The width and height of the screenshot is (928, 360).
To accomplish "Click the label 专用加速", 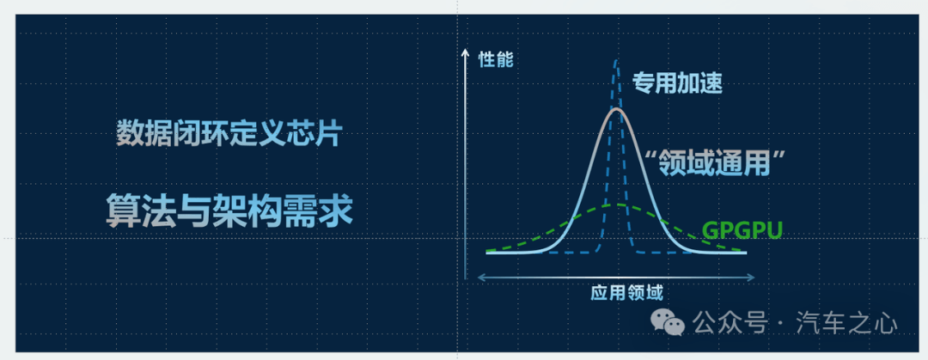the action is coord(678,83).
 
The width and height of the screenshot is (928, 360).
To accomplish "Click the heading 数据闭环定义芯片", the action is coord(229,134).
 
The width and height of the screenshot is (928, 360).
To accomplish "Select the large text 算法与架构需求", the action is coord(229,211).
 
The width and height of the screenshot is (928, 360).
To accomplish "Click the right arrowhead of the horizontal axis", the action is coord(751,277).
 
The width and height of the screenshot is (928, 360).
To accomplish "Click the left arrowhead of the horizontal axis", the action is coord(480,277).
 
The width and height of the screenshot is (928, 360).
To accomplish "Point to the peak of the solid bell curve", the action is coord(617,109).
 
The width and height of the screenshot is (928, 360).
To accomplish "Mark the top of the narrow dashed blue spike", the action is coord(617,60).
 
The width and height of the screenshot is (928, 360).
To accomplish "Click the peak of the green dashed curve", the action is coord(617,204).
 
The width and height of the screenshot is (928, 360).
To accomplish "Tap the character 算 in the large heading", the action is coord(123,211).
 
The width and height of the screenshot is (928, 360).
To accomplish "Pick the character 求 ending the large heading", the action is coord(336,211).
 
